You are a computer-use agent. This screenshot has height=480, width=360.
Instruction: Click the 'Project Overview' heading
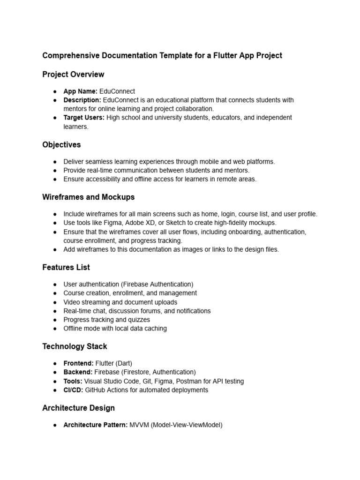click(73, 75)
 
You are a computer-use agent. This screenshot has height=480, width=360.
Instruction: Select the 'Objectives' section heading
click(61, 145)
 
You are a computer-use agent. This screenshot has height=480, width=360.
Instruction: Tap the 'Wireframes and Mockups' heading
click(88, 197)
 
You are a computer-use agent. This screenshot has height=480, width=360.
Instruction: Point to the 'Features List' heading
click(66, 268)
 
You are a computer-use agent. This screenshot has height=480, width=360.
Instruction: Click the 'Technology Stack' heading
click(75, 347)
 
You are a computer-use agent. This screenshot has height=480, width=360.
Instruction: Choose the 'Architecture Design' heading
click(78, 408)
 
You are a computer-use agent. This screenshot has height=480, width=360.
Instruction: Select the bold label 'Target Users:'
click(84, 118)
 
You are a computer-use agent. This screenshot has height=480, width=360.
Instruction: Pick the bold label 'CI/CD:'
click(74, 390)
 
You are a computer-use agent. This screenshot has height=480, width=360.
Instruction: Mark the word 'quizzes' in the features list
click(139, 320)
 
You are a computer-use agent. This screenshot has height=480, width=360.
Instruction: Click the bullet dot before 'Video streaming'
click(55, 302)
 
